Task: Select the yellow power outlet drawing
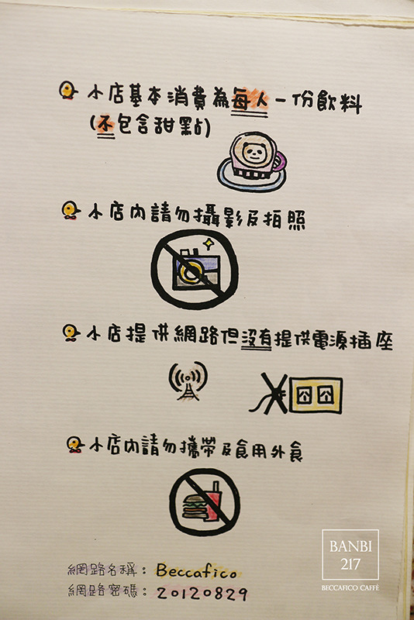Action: (314, 394)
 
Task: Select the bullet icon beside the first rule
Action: (68, 91)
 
